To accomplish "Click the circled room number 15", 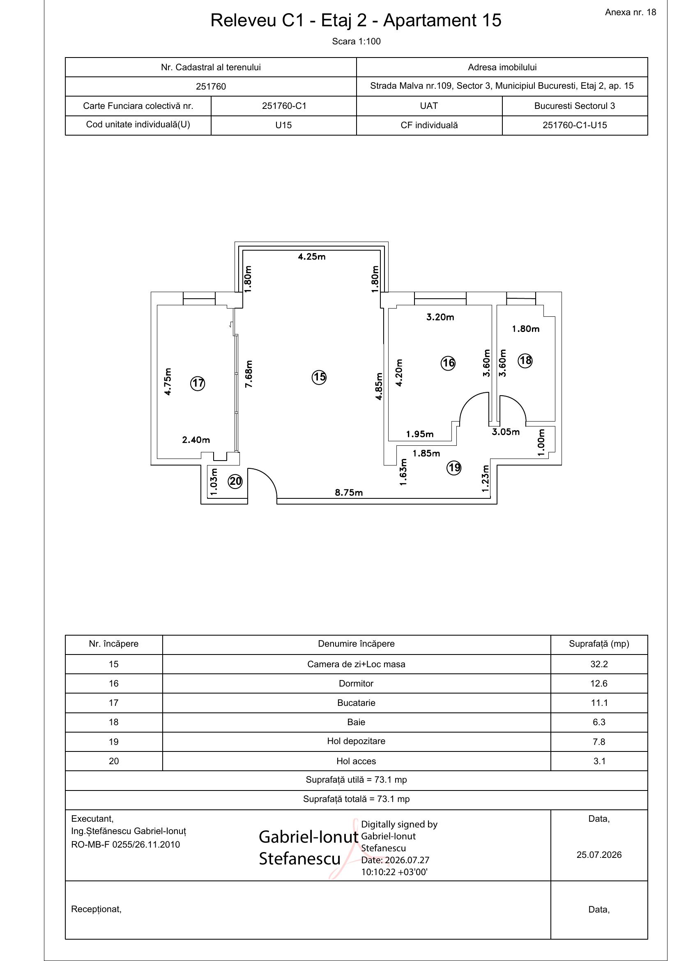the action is pos(319,377).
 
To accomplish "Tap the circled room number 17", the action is pos(198,383).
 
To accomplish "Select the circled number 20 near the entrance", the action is pos(235,482).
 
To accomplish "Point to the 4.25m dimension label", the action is pos(312,256).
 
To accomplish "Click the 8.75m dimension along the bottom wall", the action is pos(349,493).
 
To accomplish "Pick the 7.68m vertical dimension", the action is pos(249,374).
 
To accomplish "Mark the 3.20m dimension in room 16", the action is pos(440,317).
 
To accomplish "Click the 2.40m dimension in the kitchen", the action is pos(196,440).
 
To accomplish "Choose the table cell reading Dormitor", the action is pos(356,684).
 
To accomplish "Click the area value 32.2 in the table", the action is pos(598,664).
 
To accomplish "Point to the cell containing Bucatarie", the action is pos(356,703).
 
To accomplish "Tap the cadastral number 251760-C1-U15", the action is pos(574,125).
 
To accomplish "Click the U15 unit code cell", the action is pos(284,125).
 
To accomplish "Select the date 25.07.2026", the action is pos(598,855).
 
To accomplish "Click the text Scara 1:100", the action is pos(356,41).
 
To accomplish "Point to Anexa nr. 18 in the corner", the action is pos(631,12).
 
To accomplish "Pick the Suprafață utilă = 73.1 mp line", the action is pos(356,780).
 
